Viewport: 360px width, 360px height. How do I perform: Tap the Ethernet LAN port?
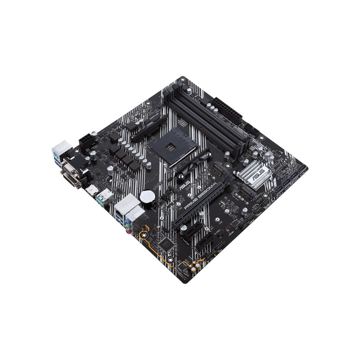pyautogui.click(x=121, y=208)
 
